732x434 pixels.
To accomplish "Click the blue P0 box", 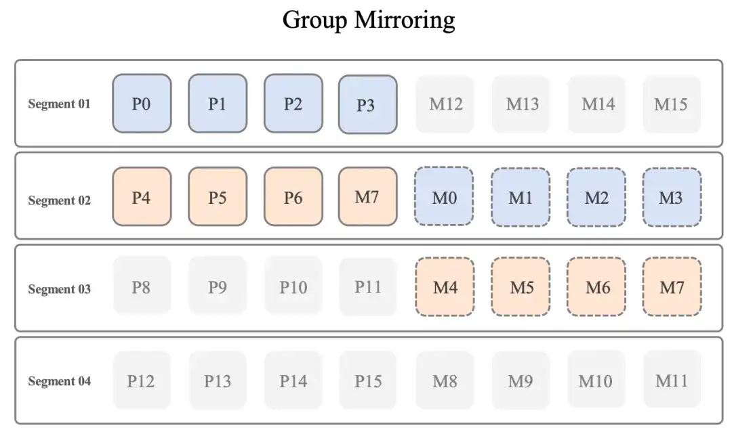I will pos(142,104).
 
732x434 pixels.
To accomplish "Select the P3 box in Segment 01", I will pos(367,104).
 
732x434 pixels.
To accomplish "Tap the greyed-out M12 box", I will pos(445,104).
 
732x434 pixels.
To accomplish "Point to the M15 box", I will pos(671,104).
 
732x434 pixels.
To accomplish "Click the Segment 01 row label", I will pos(59,104).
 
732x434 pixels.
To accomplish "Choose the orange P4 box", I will pos(142,196).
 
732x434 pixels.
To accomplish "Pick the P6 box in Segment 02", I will pos(293,196).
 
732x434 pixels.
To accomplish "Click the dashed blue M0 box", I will pos(445,197).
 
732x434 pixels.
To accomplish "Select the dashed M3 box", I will pos(671,197).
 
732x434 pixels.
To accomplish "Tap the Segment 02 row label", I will pos(59,200).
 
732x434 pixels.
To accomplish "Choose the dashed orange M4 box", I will pos(445,287).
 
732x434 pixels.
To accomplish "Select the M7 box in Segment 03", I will pos(671,287).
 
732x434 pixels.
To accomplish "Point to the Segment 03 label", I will pos(59,289).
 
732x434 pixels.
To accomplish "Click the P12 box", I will pos(142,381).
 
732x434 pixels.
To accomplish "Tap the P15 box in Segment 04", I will pos(368,381).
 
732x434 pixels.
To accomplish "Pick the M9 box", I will pos(521,381).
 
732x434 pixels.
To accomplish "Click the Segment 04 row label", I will pos(59,381).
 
